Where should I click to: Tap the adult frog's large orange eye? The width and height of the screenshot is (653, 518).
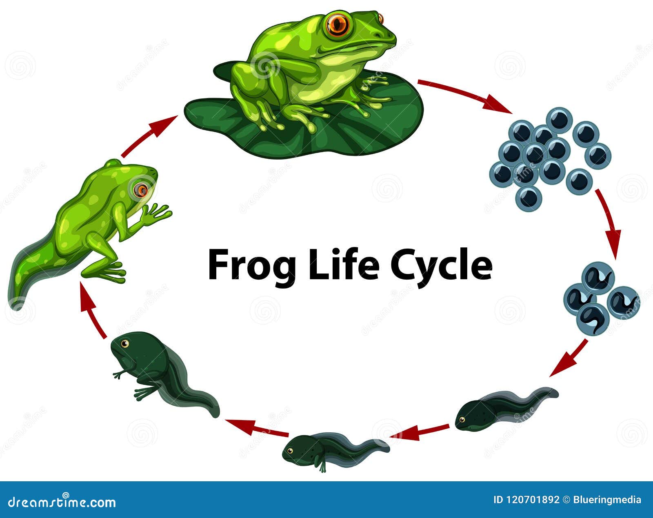[338, 23]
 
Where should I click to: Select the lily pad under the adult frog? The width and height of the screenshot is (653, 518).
[303, 121]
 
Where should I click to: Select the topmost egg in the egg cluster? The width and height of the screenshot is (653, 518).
[559, 120]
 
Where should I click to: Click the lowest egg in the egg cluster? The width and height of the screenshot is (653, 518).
[529, 198]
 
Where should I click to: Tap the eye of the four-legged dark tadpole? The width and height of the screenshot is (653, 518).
[125, 344]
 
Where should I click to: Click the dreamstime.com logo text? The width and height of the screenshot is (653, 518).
[62, 502]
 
